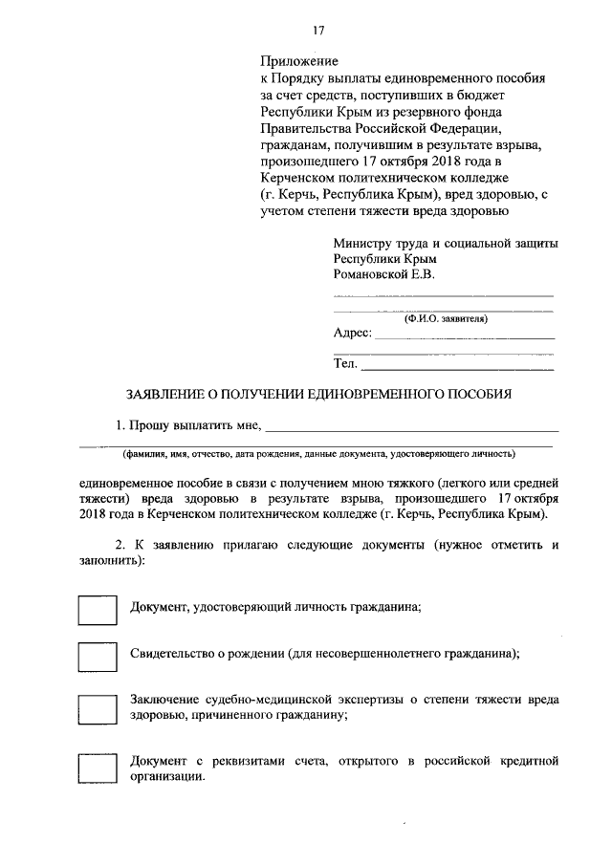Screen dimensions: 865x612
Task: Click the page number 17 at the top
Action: point(305,29)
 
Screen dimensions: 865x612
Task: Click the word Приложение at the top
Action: point(295,62)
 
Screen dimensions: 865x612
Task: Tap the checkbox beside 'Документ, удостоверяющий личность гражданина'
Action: point(97,608)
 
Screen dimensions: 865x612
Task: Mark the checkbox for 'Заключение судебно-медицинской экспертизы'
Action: point(97,707)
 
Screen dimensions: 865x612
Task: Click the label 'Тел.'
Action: point(345,363)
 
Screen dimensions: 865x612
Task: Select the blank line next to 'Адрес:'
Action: point(463,338)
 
